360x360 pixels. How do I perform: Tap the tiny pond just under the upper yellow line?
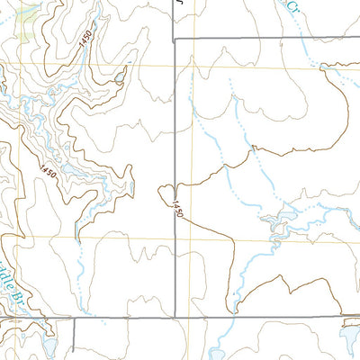click(x=120, y=78)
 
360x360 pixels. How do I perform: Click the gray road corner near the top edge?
click(x=175, y=40)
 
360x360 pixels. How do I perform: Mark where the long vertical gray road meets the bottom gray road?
click(x=175, y=316)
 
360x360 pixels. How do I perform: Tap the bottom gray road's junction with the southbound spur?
click(x=73, y=318)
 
